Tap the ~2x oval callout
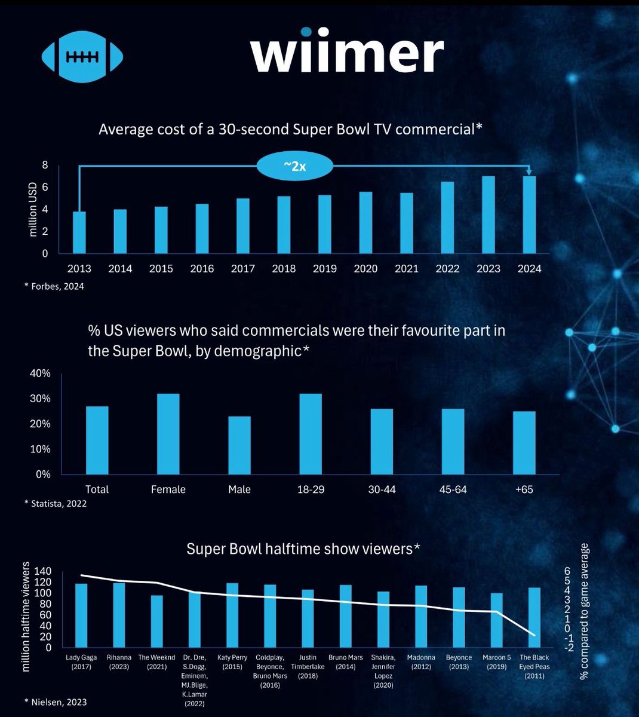pos(294,167)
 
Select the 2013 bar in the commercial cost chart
pos(79,232)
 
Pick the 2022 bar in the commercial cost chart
pos(447,217)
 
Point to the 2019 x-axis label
pos(324,269)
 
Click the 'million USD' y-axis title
pos(33,209)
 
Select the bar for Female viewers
pos(168,434)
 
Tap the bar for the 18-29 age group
pos(310,434)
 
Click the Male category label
pos(239,489)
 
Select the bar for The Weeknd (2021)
pos(156,621)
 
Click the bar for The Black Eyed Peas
pos(534,618)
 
